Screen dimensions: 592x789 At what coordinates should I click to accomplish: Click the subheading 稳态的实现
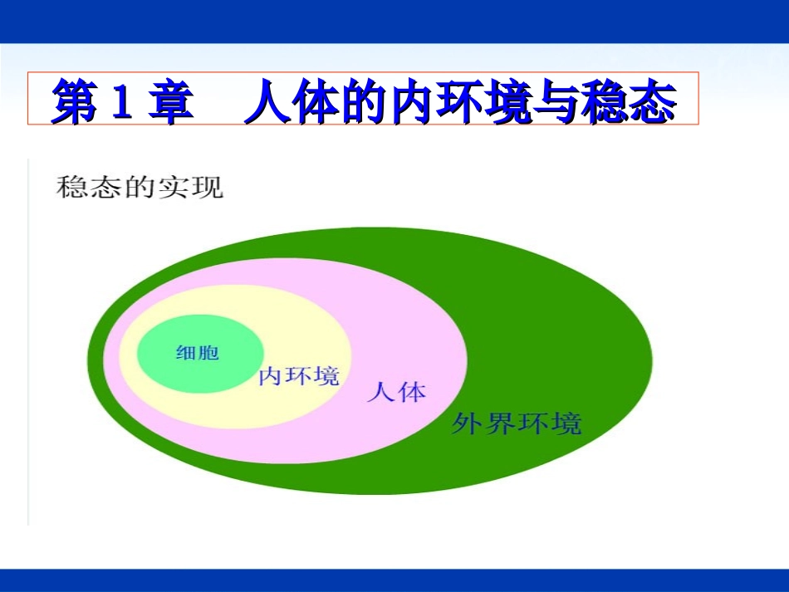pyautogui.click(x=139, y=187)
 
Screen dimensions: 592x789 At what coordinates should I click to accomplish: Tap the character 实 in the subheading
pyautogui.click(x=173, y=187)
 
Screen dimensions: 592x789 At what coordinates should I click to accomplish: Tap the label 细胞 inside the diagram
pyautogui.click(x=198, y=353)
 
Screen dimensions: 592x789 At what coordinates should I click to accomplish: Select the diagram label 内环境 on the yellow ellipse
pyautogui.click(x=299, y=376)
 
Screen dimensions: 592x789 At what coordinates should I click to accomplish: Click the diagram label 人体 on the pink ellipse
pyautogui.click(x=396, y=392)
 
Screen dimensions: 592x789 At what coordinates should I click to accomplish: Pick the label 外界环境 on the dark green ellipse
pyautogui.click(x=516, y=423)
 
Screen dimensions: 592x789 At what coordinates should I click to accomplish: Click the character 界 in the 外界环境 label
pyautogui.click(x=499, y=423)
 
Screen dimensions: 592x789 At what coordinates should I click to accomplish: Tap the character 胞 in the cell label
pyautogui.click(x=208, y=353)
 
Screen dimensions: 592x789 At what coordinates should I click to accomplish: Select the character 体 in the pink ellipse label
pyautogui.click(x=411, y=392)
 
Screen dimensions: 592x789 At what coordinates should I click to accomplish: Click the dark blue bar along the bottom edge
pyautogui.click(x=394, y=580)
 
